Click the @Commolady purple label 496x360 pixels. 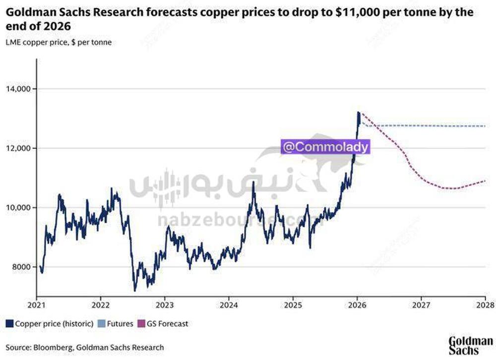pos(325,147)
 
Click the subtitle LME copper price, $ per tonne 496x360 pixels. pos(59,42)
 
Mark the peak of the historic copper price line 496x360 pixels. pos(359,112)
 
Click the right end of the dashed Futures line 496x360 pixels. pos(485,126)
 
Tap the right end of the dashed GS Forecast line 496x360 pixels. pos(485,181)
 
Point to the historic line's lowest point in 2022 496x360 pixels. pos(135,291)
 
